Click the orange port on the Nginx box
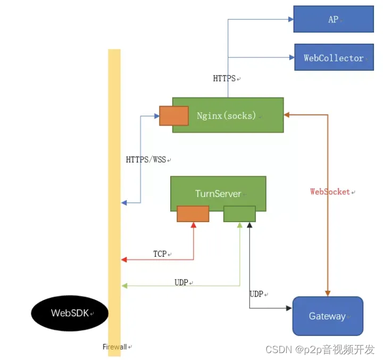point(174,116)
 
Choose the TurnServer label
point(218,193)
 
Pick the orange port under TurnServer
point(193,214)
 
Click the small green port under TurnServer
point(239,214)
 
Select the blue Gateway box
point(328,316)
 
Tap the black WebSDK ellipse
point(70,313)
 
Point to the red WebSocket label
point(331,192)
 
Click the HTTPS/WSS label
point(146,159)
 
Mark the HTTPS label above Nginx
point(224,79)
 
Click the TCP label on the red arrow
point(160,254)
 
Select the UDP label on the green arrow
point(181,282)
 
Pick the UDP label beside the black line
point(257,294)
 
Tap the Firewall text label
point(114,347)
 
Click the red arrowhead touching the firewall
point(124,259)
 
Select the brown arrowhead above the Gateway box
point(328,292)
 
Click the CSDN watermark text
point(320,349)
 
